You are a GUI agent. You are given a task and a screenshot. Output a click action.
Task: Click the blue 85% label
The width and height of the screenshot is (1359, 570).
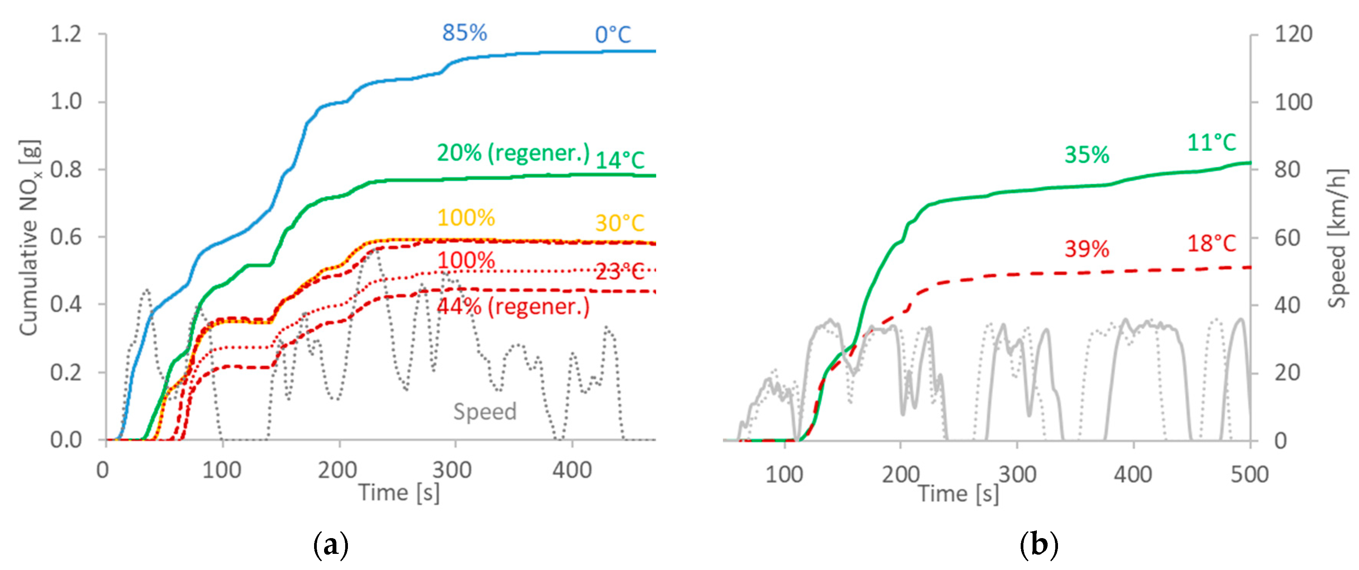[x=464, y=33]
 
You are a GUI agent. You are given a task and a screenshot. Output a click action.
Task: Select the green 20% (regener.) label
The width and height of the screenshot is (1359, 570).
[x=513, y=153]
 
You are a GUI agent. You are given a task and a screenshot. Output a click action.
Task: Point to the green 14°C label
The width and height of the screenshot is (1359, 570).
[x=620, y=160]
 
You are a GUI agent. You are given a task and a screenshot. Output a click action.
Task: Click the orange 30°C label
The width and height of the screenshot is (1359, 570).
[x=620, y=223]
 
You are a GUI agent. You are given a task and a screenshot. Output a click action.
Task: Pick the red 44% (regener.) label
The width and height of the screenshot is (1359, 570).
[x=513, y=307]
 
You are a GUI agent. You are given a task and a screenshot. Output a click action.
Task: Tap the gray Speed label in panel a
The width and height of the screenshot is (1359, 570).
[x=485, y=412]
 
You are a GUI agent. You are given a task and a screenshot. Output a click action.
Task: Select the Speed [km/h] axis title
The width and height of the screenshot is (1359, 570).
[x=1337, y=237]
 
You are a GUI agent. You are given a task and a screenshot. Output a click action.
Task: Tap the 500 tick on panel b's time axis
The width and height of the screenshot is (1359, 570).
[x=1249, y=475]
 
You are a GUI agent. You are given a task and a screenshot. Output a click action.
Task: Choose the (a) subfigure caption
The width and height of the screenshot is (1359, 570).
[x=331, y=545]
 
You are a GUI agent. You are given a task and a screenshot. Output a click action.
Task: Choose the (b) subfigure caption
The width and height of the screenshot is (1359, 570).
[x=1039, y=545]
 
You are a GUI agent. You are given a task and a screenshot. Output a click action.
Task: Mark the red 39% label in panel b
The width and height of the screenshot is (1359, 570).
[x=1087, y=249]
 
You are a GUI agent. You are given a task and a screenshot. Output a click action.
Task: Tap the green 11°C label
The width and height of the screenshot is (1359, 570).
[x=1211, y=143]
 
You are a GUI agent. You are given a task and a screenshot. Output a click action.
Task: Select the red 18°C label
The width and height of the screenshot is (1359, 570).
[x=1211, y=244]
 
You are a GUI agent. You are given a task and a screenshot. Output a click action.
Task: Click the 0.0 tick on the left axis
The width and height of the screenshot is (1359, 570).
[x=66, y=440]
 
